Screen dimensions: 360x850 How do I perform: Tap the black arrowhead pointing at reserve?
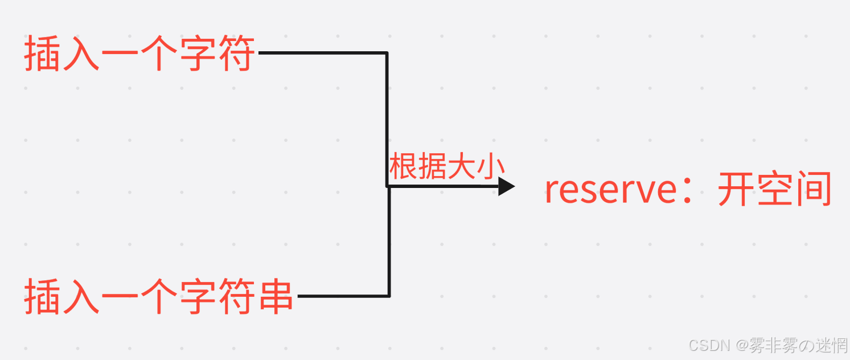coord(506,186)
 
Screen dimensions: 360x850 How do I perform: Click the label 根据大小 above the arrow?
coord(447,167)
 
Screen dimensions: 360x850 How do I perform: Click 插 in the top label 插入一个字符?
coord(42,54)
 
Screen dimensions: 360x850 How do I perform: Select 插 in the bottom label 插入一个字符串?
coord(42,297)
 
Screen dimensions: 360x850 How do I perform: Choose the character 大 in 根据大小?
coord(462,167)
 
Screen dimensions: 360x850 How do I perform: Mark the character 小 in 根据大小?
coord(491,167)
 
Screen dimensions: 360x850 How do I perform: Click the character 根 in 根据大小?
coord(404,167)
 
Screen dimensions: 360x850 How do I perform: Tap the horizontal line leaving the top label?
coord(322,53)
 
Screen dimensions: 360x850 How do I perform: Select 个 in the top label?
coord(158,54)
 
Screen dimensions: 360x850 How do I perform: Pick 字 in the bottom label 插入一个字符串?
coord(198,297)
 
